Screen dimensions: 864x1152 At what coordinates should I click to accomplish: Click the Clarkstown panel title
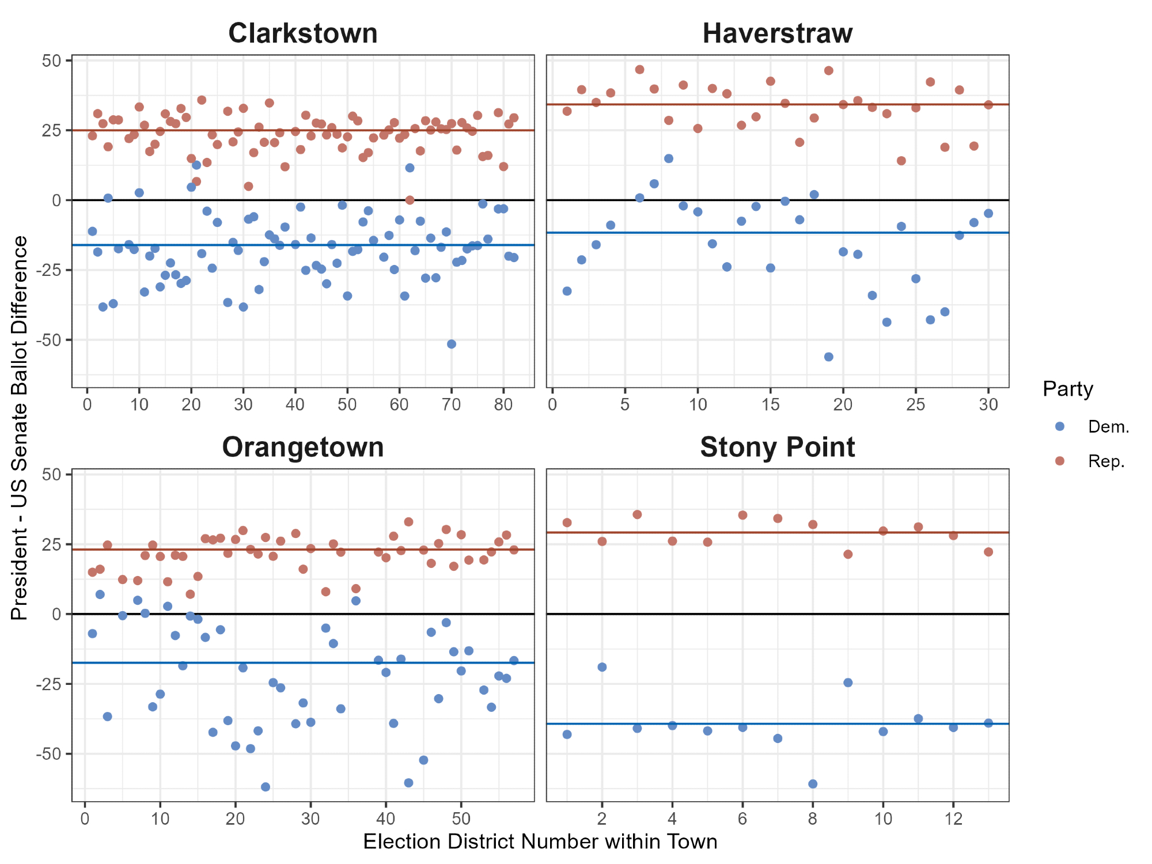[303, 33]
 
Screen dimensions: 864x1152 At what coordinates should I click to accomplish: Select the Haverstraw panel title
[777, 33]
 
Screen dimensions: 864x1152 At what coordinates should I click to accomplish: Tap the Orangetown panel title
[303, 448]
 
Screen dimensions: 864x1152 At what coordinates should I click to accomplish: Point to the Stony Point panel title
[777, 448]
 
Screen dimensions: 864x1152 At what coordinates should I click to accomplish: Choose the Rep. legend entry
[1106, 461]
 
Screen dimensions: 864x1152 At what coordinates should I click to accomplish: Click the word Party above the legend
[1068, 389]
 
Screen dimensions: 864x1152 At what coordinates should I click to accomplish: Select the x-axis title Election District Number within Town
[540, 842]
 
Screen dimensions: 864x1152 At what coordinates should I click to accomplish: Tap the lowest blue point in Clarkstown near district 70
[452, 344]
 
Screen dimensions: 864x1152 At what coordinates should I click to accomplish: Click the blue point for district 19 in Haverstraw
[829, 357]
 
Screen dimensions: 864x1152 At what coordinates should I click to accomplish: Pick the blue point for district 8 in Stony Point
[813, 783]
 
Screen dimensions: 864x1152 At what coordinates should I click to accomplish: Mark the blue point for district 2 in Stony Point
[602, 667]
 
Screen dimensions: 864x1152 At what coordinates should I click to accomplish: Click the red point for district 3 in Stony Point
[637, 514]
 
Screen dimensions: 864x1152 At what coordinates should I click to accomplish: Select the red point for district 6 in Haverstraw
[639, 70]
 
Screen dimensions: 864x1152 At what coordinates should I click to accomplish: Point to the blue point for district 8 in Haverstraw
[669, 158]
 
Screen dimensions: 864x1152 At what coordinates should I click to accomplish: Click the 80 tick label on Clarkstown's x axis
[503, 404]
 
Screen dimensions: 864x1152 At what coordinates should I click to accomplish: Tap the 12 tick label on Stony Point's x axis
[953, 818]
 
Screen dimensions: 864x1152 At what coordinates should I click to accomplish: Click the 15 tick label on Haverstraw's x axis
[770, 404]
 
